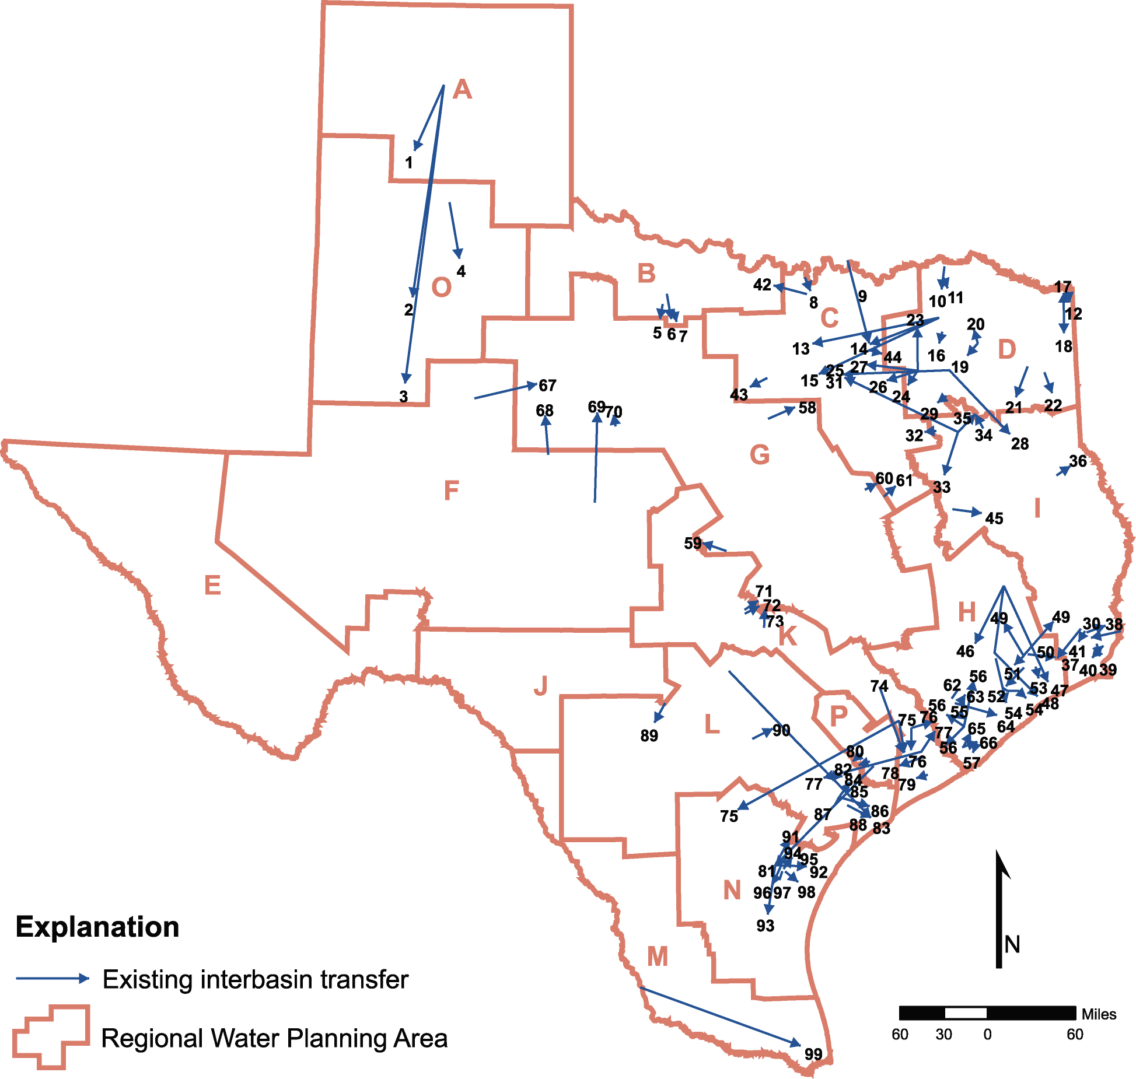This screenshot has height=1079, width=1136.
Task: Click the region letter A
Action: click(x=462, y=90)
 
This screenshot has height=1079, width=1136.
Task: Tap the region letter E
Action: click(x=212, y=585)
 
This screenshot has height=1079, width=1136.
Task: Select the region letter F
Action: click(x=451, y=491)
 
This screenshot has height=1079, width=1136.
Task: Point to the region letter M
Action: click(x=658, y=957)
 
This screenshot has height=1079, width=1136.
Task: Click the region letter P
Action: click(x=838, y=715)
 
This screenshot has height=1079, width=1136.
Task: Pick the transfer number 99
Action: click(x=813, y=1054)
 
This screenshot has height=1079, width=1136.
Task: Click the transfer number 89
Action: click(x=649, y=735)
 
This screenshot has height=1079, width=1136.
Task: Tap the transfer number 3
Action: click(x=404, y=397)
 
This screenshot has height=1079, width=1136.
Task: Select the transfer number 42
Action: click(x=762, y=285)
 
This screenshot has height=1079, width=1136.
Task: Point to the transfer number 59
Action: click(x=693, y=543)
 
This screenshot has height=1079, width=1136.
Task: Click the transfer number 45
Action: click(x=994, y=518)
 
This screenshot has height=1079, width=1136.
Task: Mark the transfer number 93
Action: click(x=766, y=926)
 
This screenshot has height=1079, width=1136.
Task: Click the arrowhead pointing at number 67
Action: click(x=532, y=385)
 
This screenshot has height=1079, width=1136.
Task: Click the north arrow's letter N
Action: click(x=1012, y=944)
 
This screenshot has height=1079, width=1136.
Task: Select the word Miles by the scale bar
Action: click(x=1099, y=1014)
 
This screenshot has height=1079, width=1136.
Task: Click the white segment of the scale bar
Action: click(x=966, y=1013)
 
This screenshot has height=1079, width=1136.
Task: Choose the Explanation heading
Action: click(x=97, y=927)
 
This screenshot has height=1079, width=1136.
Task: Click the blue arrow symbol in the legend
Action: click(x=53, y=979)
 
